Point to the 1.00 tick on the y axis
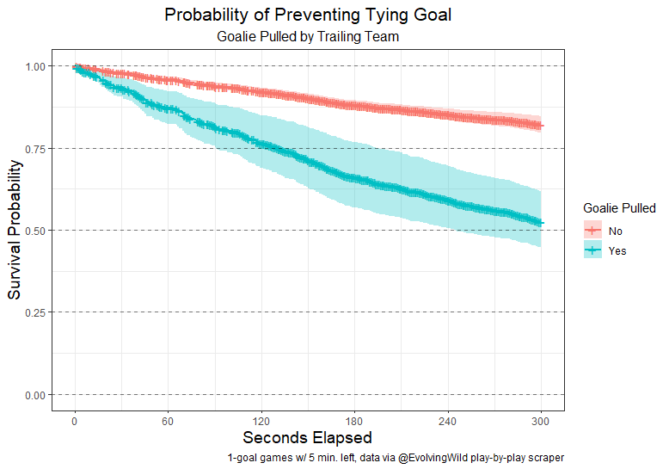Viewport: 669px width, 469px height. point(38,66)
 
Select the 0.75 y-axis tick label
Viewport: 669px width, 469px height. point(38,148)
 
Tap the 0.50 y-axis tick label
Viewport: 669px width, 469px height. point(38,231)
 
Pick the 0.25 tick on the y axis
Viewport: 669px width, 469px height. point(38,312)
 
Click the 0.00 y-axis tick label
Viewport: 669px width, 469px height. point(38,395)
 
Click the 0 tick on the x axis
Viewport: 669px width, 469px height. point(75,422)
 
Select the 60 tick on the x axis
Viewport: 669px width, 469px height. point(168,422)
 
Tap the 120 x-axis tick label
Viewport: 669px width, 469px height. point(261,422)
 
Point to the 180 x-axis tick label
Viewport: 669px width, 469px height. point(354,422)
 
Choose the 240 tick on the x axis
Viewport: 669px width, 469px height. point(448,422)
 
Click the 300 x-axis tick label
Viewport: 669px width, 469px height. point(541,422)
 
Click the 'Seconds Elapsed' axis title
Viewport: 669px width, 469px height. point(308,438)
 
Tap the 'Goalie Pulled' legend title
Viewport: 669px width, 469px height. point(619,208)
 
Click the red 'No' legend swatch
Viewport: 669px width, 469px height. point(592,231)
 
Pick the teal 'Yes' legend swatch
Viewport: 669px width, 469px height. point(592,250)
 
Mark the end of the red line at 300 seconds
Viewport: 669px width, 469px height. point(541,126)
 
